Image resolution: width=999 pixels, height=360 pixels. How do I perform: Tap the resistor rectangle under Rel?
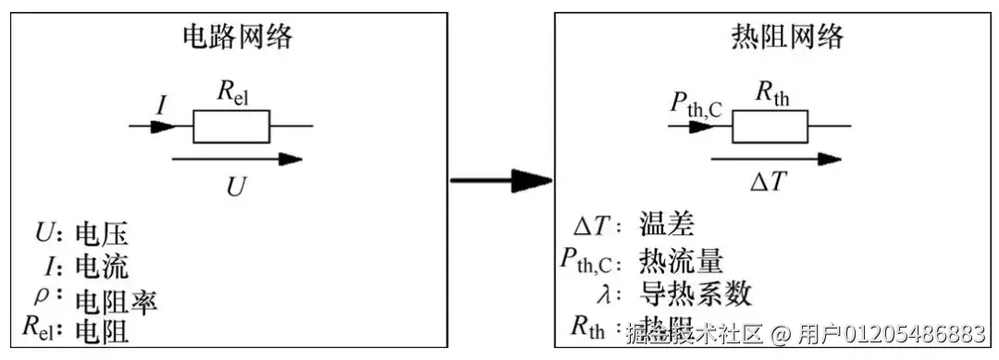tap(231, 127)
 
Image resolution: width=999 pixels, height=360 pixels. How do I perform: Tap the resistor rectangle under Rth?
tap(770, 127)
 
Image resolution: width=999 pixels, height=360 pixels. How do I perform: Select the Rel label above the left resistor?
tap(233, 92)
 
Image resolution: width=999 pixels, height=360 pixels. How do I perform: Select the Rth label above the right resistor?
tap(771, 92)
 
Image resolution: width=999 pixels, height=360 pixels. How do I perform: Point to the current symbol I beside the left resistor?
tap(161, 105)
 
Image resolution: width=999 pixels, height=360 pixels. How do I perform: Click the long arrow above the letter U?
tap(237, 159)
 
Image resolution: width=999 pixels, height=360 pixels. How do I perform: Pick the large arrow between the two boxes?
tap(499, 180)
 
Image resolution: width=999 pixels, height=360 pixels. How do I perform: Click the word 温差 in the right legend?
tap(665, 225)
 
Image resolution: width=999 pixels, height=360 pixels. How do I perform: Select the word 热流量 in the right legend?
tap(681, 260)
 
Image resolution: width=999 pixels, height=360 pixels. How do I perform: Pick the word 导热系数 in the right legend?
tap(696, 293)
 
